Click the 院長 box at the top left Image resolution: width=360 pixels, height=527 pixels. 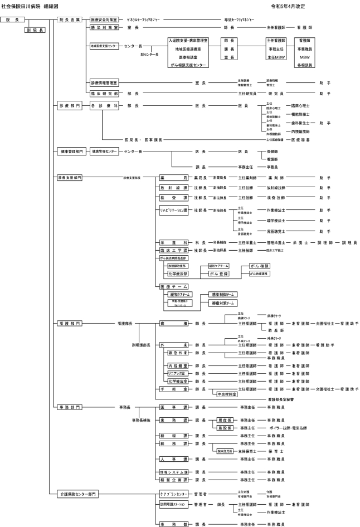[x=12, y=19]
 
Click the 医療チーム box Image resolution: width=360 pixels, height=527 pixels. [x=174, y=286]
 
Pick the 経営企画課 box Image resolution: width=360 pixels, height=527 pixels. [x=174, y=479]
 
